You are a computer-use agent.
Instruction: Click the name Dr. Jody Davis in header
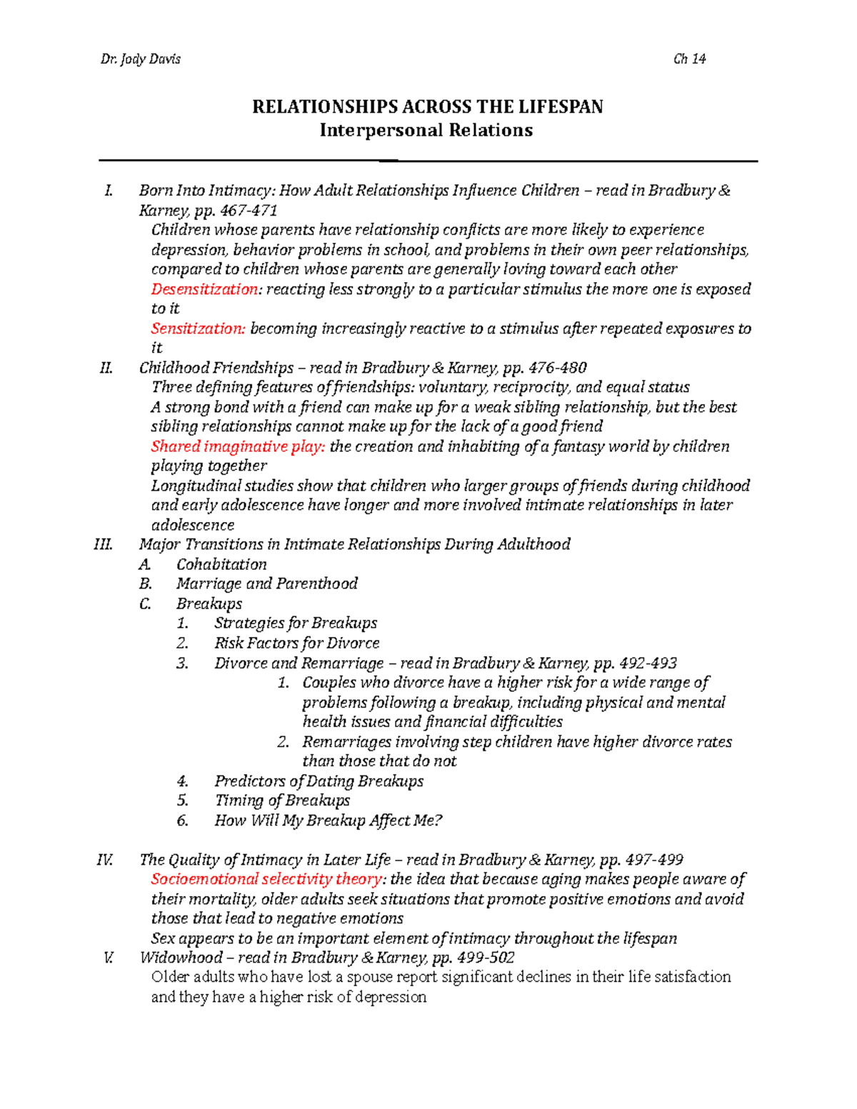(x=141, y=59)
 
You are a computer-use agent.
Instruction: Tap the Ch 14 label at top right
(x=689, y=59)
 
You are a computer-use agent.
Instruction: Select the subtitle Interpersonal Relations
(x=426, y=130)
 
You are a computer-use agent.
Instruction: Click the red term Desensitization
(x=205, y=289)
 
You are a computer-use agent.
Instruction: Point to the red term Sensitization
(x=198, y=328)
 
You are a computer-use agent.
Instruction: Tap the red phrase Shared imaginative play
(x=238, y=446)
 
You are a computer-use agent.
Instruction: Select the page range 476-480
(x=557, y=368)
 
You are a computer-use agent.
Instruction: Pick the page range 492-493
(x=648, y=663)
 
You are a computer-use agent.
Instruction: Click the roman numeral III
(x=104, y=545)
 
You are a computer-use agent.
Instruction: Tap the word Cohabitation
(x=221, y=564)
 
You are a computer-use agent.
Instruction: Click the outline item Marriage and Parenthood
(x=266, y=583)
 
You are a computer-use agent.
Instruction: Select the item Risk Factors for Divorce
(x=296, y=643)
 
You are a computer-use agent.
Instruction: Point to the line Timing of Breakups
(x=282, y=801)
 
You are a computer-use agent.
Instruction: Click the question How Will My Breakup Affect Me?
(x=328, y=821)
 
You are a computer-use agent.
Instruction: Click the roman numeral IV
(x=105, y=860)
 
